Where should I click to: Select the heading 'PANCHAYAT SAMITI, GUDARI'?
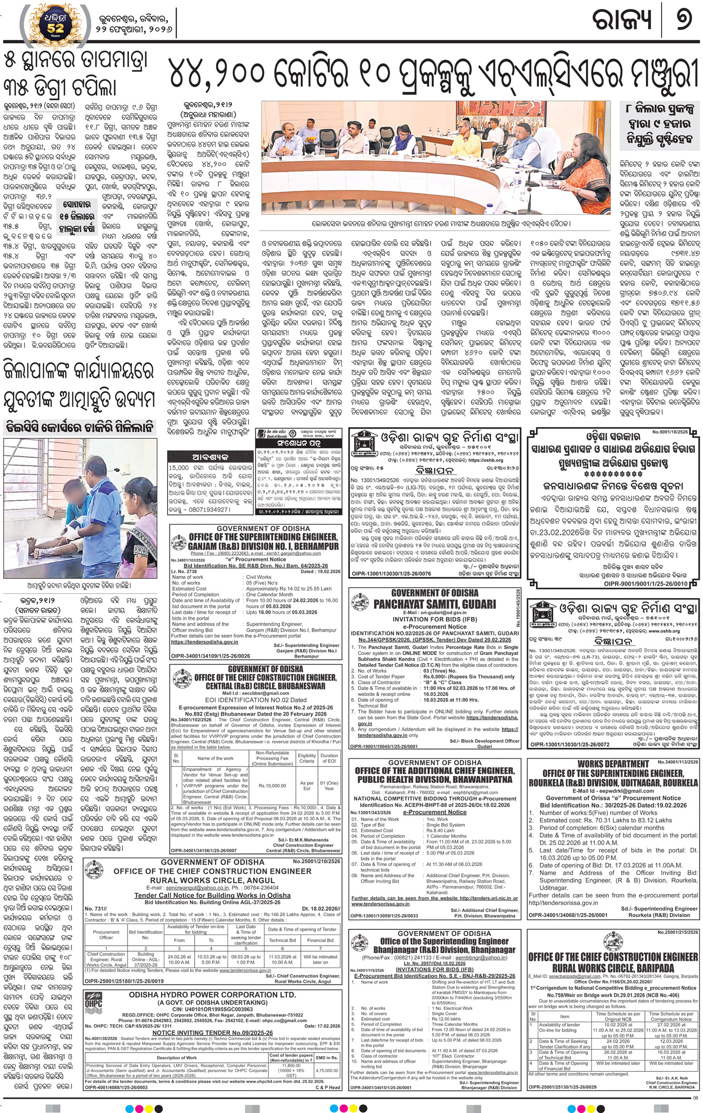435,604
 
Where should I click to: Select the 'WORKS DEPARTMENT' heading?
613,764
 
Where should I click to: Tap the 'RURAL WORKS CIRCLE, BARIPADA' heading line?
613,968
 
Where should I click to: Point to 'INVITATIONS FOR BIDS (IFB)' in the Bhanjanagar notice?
435,969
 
